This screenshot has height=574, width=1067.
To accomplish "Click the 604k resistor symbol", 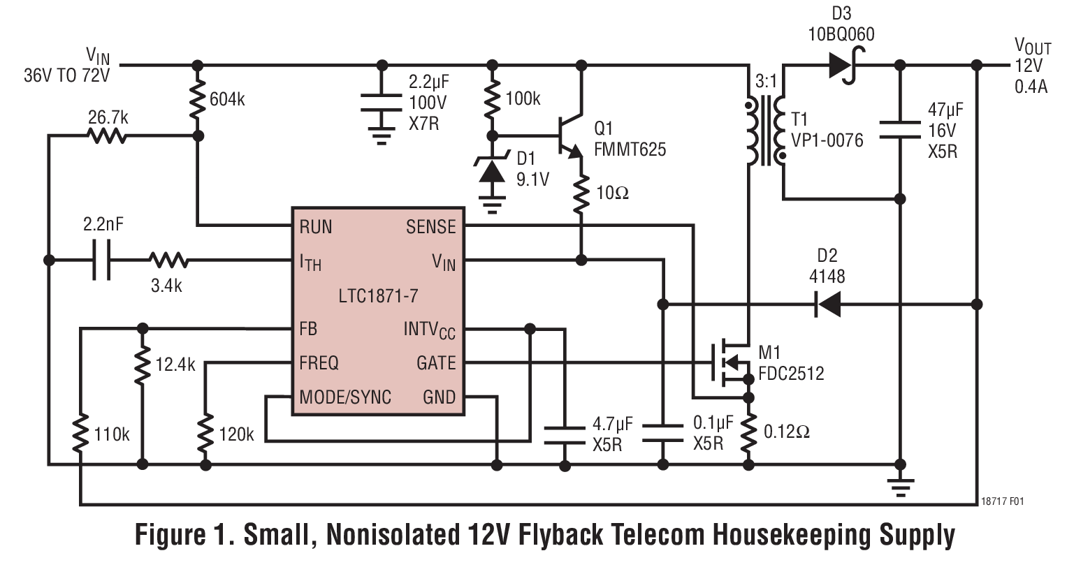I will (198, 99).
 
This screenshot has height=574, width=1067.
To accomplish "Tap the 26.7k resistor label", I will (108, 117).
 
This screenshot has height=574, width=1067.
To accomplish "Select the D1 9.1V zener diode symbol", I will (492, 170).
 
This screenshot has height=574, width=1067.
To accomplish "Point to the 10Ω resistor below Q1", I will (581, 195).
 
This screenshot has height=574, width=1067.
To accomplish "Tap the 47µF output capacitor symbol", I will (900, 130).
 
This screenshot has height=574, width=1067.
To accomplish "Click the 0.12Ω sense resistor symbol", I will (748, 432).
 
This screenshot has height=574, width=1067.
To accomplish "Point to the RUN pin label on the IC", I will (315, 226).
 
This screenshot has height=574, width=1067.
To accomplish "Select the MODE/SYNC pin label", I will (344, 397).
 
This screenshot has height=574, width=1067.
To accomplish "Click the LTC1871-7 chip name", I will (378, 295).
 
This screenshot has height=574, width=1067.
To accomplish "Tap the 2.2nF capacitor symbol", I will (102, 260).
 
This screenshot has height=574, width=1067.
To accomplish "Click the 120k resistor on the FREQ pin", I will (205, 432).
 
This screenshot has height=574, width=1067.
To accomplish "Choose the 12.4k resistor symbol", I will (143, 365).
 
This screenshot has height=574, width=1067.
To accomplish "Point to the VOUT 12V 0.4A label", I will (1031, 67).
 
